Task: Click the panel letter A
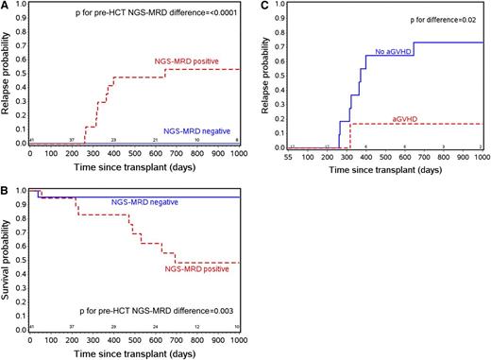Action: pyautogui.click(x=6, y=7)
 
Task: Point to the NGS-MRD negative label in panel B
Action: pyautogui.click(x=143, y=203)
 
